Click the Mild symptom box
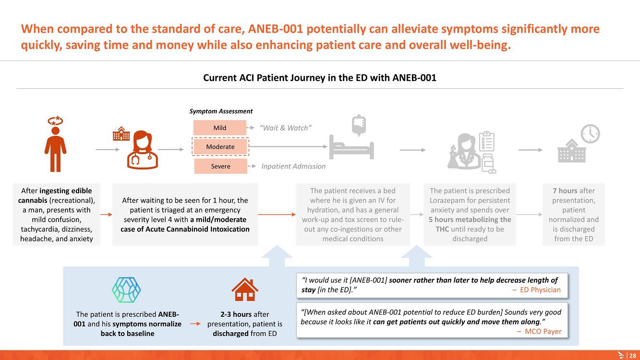(220, 128)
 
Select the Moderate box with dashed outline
(220, 146)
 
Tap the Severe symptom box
(220, 166)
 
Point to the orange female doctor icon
(142, 150)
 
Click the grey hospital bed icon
(351, 147)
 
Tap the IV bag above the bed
(359, 125)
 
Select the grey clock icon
(590, 134)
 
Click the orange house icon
(245, 289)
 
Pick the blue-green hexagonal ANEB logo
(126, 290)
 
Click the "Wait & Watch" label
(285, 128)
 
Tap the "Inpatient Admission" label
(293, 166)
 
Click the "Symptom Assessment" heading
(221, 111)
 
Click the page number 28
(633, 356)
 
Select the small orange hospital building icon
(121, 134)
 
